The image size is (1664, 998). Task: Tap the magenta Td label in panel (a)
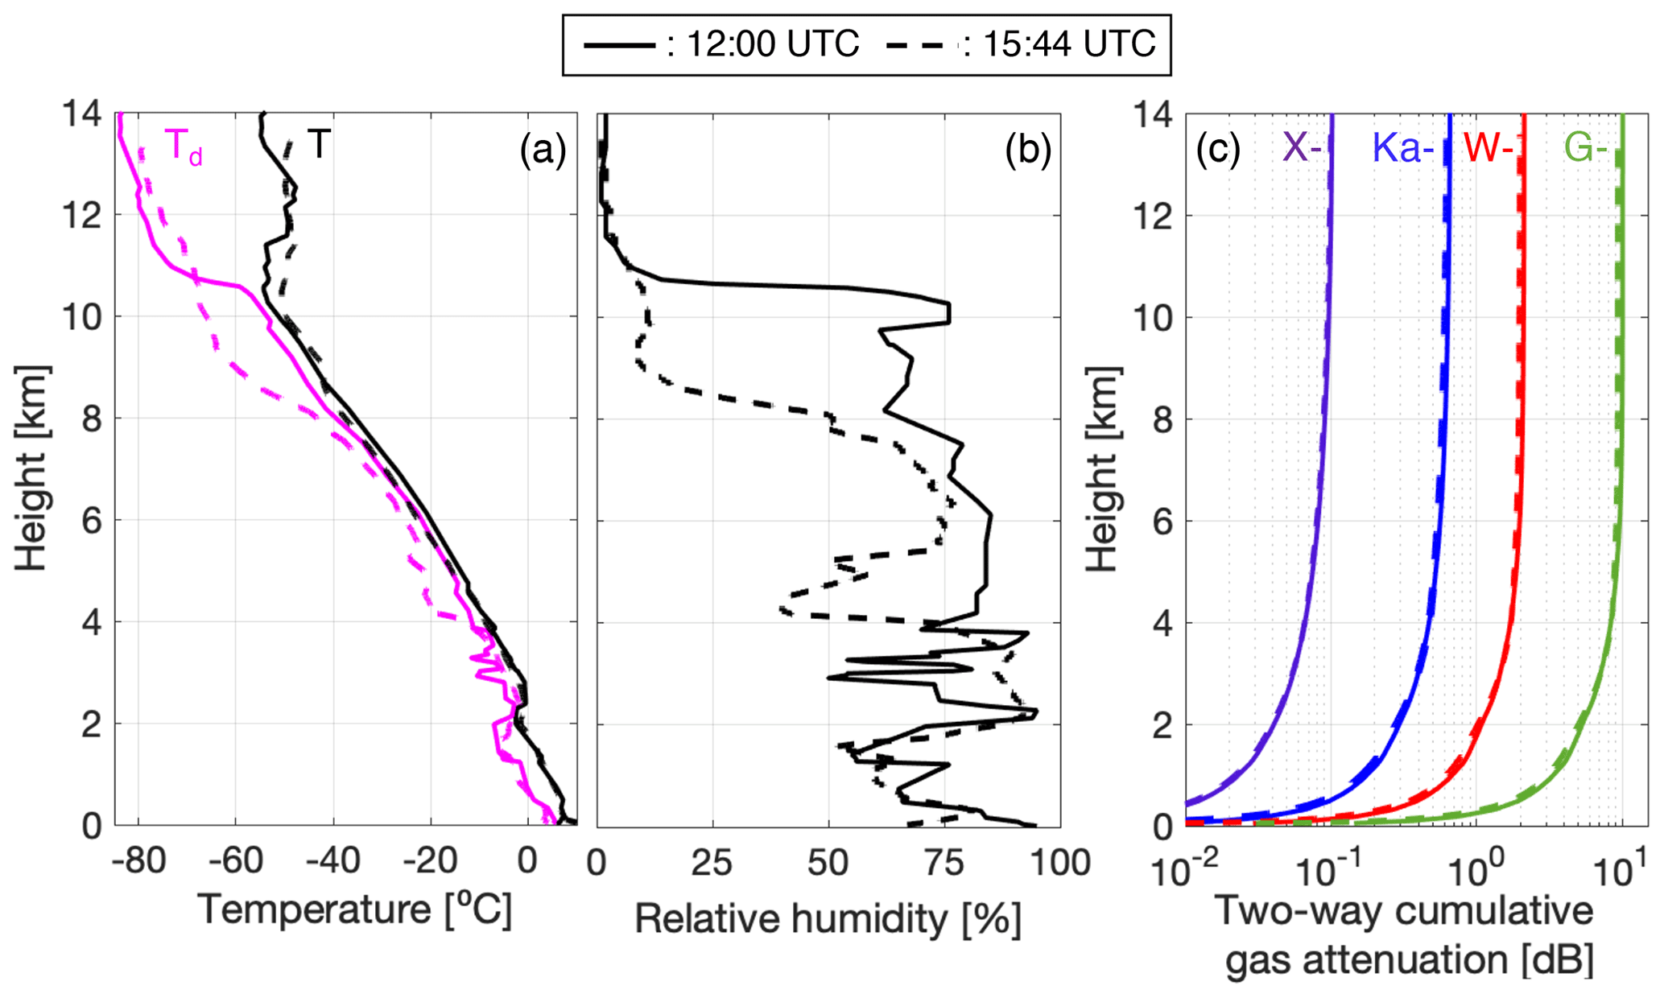pos(184,147)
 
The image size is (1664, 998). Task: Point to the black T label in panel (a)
pos(319,145)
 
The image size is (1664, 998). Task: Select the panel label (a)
pos(543,150)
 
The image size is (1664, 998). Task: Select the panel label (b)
pos(1027,150)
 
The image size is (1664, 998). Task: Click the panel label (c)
pos(1217,150)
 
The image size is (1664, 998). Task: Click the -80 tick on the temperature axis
pos(138,862)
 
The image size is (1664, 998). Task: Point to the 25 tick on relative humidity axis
pos(712,864)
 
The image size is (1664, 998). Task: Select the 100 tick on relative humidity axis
pos(1059,864)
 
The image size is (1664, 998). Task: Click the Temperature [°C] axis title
pos(355,910)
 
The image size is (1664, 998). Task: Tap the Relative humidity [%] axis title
pos(828,918)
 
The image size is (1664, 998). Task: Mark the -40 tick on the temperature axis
pos(332,862)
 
